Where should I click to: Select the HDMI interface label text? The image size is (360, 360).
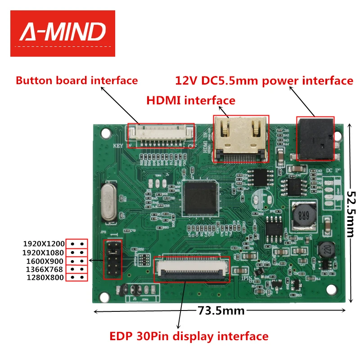click(191, 100)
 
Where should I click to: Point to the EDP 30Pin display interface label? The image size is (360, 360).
click(189, 336)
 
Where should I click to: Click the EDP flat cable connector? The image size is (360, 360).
click(192, 269)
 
